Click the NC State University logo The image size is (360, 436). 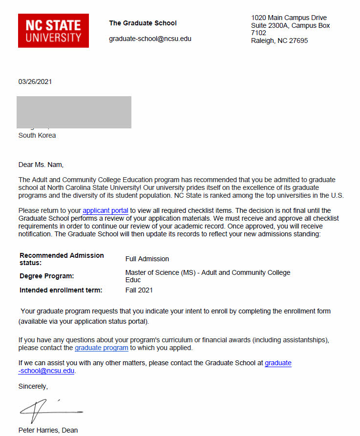(53, 31)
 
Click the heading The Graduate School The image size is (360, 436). (143, 23)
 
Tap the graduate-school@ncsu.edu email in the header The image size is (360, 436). (150, 39)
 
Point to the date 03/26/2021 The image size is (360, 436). (35, 82)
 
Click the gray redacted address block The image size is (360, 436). (74, 112)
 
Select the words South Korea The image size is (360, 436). (37, 135)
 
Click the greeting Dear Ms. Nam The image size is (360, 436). (41, 165)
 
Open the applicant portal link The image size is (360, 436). (106, 210)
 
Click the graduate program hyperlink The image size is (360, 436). (102, 348)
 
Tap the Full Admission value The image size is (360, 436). (147, 259)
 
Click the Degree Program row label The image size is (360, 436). (47, 276)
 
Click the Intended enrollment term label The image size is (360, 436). (61, 290)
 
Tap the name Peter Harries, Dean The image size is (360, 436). (48, 430)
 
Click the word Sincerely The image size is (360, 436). (33, 386)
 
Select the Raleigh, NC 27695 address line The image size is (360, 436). (279, 41)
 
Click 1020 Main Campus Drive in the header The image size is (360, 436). (289, 18)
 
